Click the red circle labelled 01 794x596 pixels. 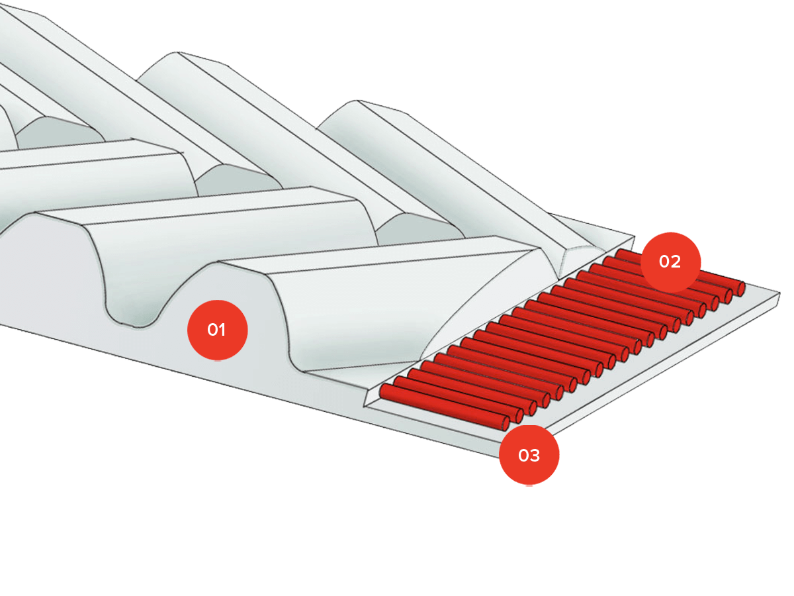pyautogui.click(x=217, y=330)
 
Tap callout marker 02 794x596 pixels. pyautogui.click(x=670, y=262)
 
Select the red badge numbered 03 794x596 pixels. pyautogui.click(x=529, y=455)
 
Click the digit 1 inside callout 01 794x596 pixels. pyautogui.click(x=222, y=330)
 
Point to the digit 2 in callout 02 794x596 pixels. pyautogui.click(x=676, y=262)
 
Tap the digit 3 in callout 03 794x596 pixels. pyautogui.click(x=535, y=456)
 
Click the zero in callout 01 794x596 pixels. pyautogui.click(x=212, y=330)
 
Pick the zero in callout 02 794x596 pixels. pyautogui.click(x=664, y=262)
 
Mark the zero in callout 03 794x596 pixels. pyautogui.click(x=523, y=456)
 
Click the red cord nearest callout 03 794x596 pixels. pyautogui.click(x=444, y=407)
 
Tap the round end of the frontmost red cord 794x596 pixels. pyautogui.click(x=506, y=423)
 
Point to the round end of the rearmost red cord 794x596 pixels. pyautogui.click(x=741, y=289)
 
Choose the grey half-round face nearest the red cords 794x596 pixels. pyautogui.click(x=419, y=228)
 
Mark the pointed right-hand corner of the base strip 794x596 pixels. pyautogui.click(x=779, y=293)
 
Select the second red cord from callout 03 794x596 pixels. pyautogui.click(x=459, y=399)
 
